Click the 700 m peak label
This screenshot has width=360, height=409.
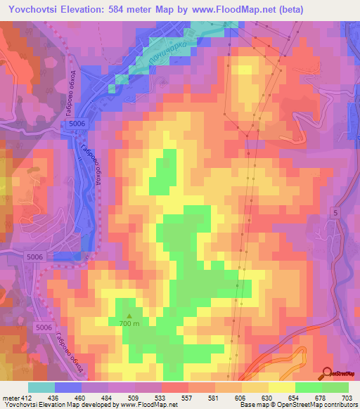coord(129,324)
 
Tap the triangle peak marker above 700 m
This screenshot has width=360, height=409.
coord(129,316)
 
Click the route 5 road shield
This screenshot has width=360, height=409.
coord(335,212)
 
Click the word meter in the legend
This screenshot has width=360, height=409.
coord(10,398)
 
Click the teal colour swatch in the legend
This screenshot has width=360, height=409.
coord(41,387)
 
